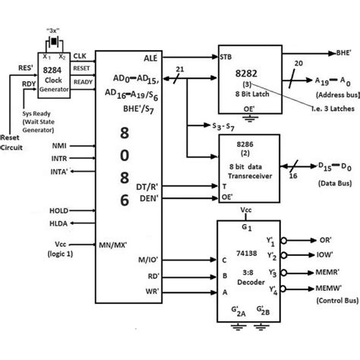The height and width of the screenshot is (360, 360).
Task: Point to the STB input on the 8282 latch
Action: point(226,57)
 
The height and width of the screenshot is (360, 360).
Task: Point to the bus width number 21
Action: point(180,69)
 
